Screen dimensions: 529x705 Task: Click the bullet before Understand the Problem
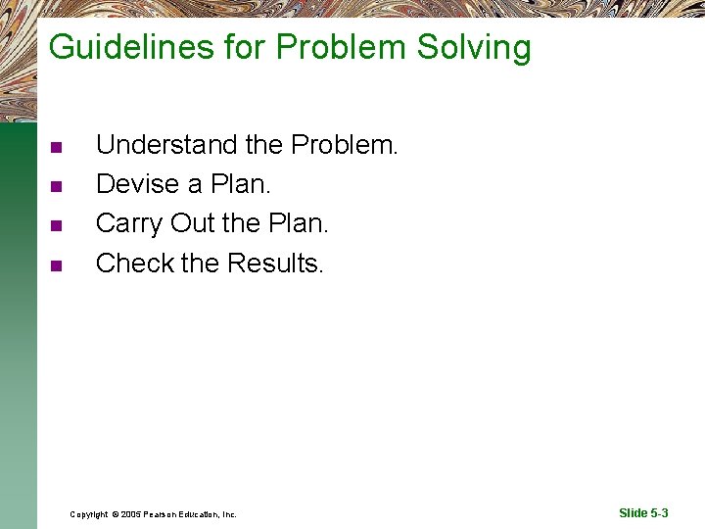pyautogui.click(x=56, y=147)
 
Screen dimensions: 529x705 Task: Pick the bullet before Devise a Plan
pyautogui.click(x=56, y=186)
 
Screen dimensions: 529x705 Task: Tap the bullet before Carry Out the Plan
pyautogui.click(x=56, y=225)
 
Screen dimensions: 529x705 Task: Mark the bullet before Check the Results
pyautogui.click(x=56, y=264)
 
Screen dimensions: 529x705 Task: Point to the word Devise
pyautogui.click(x=137, y=184)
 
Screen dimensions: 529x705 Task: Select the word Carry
pyautogui.click(x=129, y=223)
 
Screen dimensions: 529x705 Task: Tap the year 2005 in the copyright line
pyautogui.click(x=131, y=513)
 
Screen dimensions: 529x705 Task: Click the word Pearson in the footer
pyautogui.click(x=164, y=513)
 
